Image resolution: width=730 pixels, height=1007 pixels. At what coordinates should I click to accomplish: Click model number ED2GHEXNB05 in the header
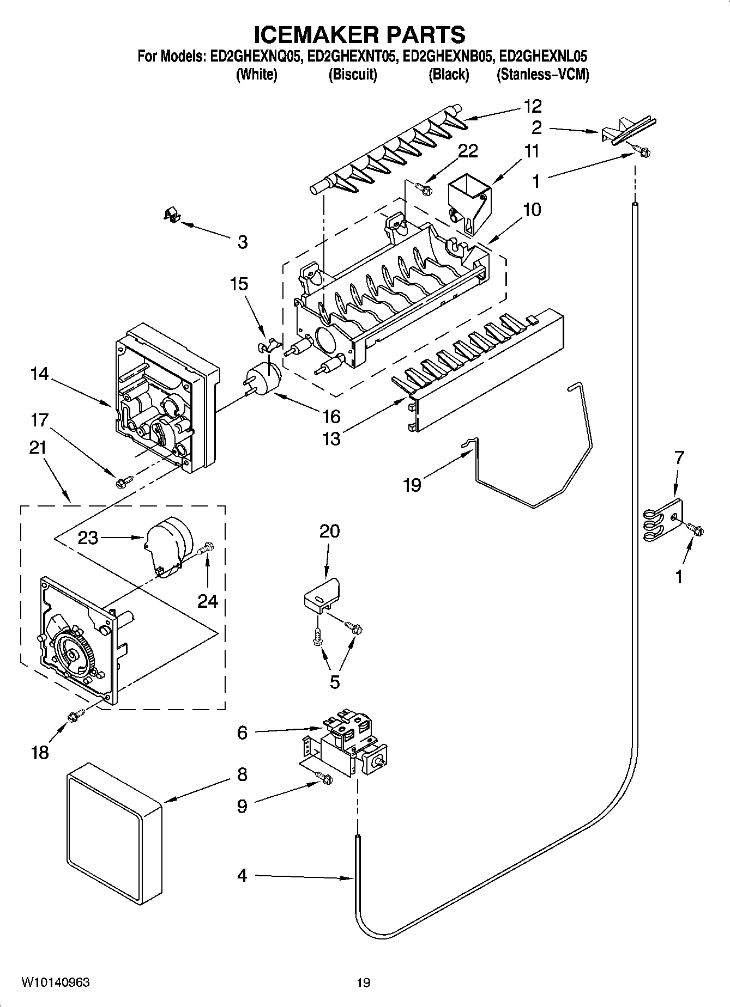(448, 56)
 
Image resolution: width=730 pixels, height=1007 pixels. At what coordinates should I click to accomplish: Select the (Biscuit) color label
(353, 75)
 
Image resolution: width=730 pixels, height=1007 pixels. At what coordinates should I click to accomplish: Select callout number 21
(38, 448)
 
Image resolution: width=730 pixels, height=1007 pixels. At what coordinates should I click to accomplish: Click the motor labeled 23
(167, 545)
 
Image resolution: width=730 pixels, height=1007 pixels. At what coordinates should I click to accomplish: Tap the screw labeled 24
(207, 548)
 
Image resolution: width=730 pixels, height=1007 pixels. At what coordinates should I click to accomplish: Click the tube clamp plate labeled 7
(663, 520)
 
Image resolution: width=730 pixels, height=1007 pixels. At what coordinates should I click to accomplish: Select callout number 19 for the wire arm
(412, 484)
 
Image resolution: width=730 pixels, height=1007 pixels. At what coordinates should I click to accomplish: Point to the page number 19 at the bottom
(364, 982)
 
